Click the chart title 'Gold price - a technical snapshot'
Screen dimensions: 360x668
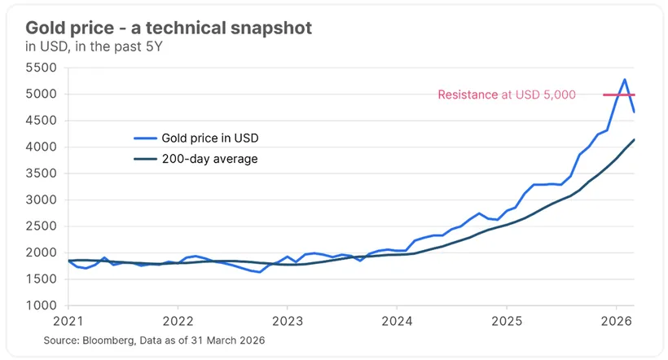coord(169,28)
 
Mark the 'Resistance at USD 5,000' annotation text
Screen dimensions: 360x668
coord(507,94)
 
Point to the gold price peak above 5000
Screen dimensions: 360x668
coord(624,80)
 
